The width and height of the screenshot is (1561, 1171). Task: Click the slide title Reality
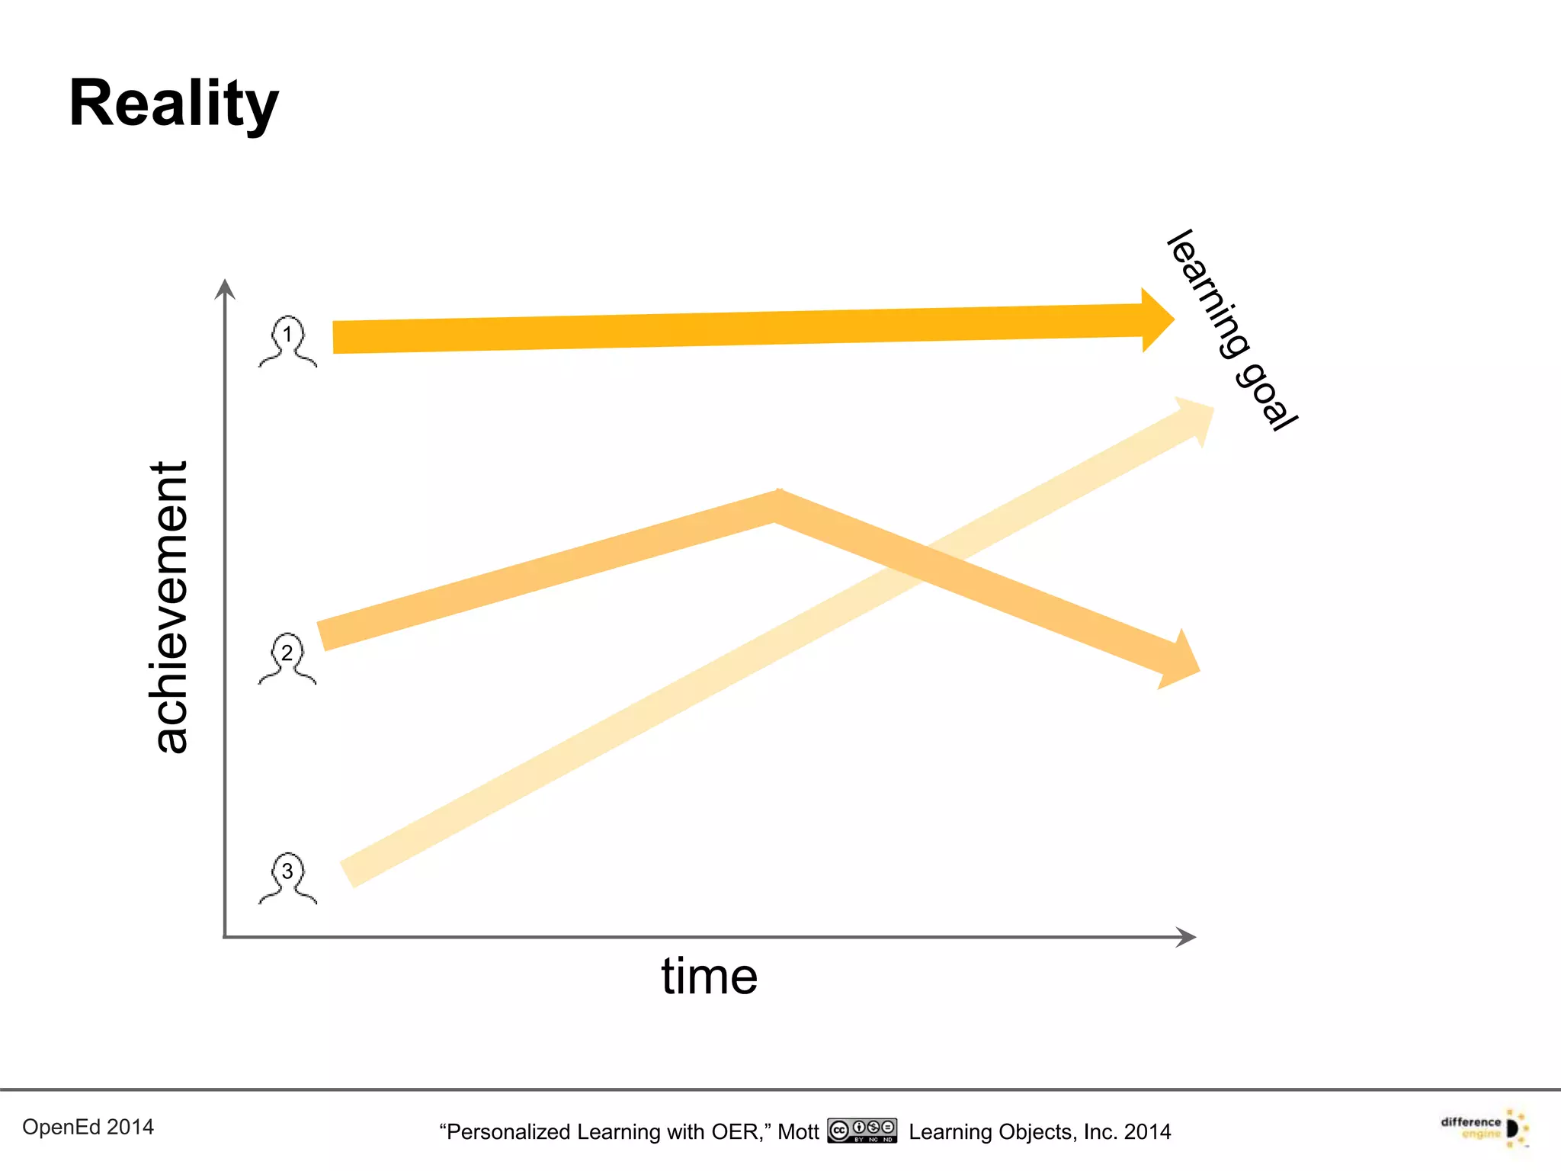pos(174,104)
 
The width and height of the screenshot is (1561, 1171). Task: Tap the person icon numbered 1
pos(287,341)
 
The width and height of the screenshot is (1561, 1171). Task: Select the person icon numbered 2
pos(287,659)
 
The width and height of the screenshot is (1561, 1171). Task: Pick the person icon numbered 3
pos(287,877)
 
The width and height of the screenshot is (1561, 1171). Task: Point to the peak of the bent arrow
pos(777,505)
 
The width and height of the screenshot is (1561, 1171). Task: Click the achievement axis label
pos(169,608)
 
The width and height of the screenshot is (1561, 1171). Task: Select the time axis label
pos(709,976)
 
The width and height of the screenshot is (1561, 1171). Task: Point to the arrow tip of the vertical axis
pos(224,288)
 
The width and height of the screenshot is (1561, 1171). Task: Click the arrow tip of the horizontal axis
pos(1188,937)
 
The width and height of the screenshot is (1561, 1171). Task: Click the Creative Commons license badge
pos(862,1131)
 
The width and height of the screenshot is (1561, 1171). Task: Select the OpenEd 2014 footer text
pos(88,1127)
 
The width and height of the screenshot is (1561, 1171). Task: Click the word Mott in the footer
pos(798,1132)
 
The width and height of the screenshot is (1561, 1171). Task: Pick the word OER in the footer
pos(735,1132)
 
